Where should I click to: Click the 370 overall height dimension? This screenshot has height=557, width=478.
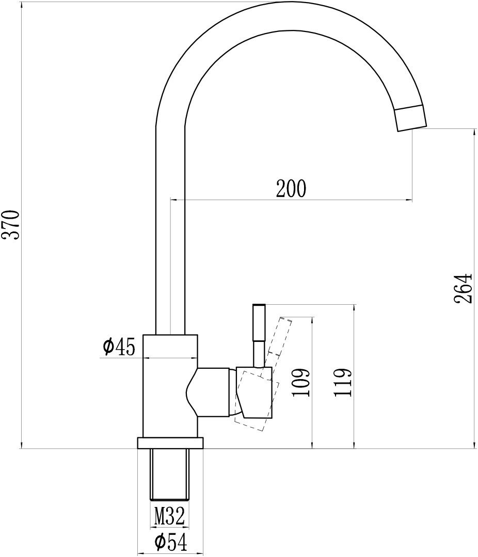(11, 224)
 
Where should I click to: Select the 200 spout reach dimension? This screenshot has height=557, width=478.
(291, 189)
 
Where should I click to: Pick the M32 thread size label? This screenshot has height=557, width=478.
(169, 514)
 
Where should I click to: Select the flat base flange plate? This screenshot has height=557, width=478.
(170, 443)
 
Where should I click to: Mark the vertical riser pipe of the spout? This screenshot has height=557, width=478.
(170, 232)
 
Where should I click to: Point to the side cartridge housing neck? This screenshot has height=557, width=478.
(213, 392)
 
